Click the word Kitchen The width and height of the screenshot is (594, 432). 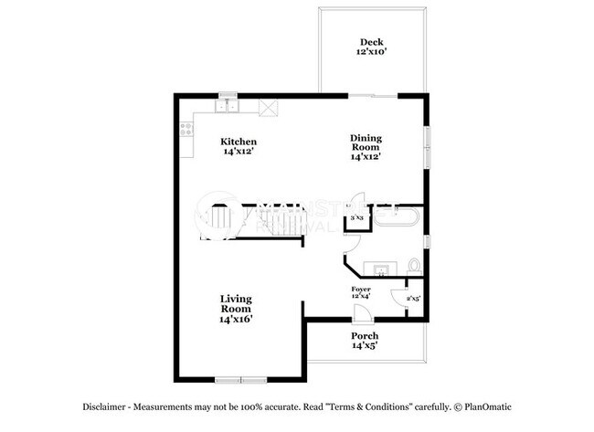(x=239, y=142)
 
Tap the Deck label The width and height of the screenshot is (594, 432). (x=371, y=42)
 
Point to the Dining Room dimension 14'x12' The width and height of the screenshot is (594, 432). (x=366, y=156)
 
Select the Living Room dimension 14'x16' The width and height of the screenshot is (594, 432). (x=236, y=320)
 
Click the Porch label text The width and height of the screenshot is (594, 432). (x=365, y=336)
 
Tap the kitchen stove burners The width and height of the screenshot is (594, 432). (x=186, y=131)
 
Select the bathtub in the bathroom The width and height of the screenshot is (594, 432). (x=397, y=219)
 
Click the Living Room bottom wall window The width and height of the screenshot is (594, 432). (x=239, y=378)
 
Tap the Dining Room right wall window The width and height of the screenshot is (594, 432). (x=426, y=146)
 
